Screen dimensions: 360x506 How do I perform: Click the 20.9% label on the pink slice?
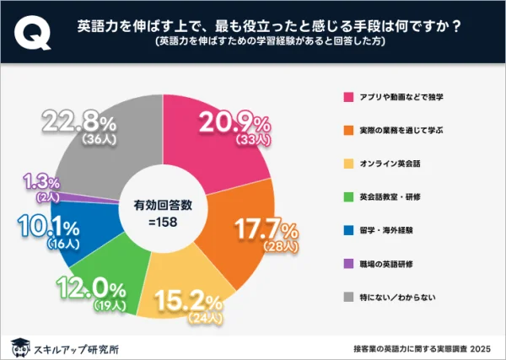(x=229, y=123)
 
